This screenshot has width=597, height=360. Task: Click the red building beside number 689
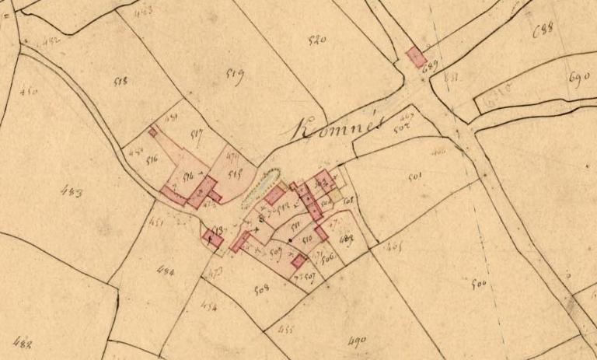coord(415,56)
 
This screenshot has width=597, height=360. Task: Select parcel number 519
coord(235,75)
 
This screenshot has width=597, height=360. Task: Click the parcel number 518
coord(121,80)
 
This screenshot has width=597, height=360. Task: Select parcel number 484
coord(165,271)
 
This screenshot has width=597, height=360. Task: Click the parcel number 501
coord(415,177)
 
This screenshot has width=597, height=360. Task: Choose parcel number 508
coord(261,289)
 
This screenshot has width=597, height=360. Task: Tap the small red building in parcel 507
coord(297,261)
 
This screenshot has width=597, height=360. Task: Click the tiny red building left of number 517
coord(153,131)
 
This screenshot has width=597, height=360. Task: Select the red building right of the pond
coord(273,195)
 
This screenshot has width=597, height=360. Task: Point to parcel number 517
coord(196,135)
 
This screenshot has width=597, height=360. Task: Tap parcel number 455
coord(285,329)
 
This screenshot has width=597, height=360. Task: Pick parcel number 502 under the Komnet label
coord(401,130)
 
